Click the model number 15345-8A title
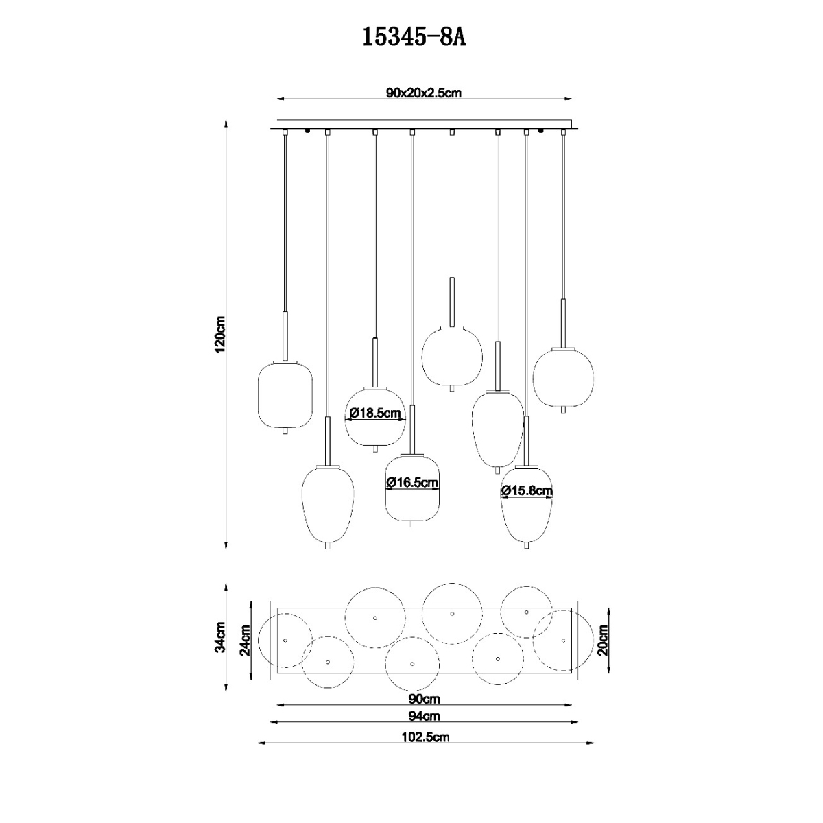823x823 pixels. (414, 38)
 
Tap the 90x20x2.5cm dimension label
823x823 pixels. (424, 93)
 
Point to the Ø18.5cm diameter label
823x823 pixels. (375, 413)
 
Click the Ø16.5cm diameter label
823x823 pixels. (413, 482)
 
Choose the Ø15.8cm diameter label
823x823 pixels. (527, 491)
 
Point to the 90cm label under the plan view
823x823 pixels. (424, 699)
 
